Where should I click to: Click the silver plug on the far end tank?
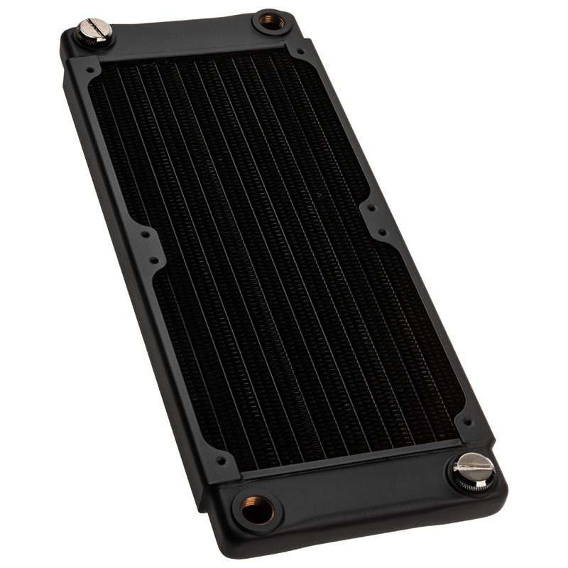95,31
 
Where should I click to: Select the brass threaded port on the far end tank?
269,22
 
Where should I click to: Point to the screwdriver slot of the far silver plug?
95,28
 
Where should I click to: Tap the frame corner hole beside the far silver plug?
90,71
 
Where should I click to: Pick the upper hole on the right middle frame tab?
371,209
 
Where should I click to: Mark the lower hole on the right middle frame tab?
381,233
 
